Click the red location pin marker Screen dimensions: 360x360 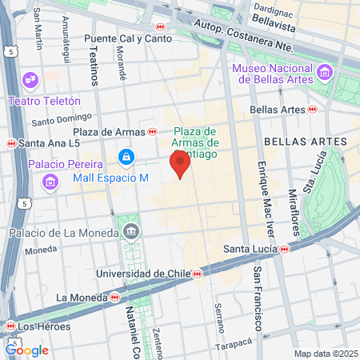click(180, 166)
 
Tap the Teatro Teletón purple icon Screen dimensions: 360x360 click(30, 80)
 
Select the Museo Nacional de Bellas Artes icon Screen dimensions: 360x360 click(325, 73)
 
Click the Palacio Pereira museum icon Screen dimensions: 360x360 click(50, 182)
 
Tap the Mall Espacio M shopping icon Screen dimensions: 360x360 click(126, 157)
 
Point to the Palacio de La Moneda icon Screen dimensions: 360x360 click(131, 233)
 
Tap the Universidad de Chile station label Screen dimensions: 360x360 click(143, 274)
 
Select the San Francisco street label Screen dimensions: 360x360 click(258, 299)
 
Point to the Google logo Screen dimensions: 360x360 click(27, 350)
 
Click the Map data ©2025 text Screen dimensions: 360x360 click(325, 354)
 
